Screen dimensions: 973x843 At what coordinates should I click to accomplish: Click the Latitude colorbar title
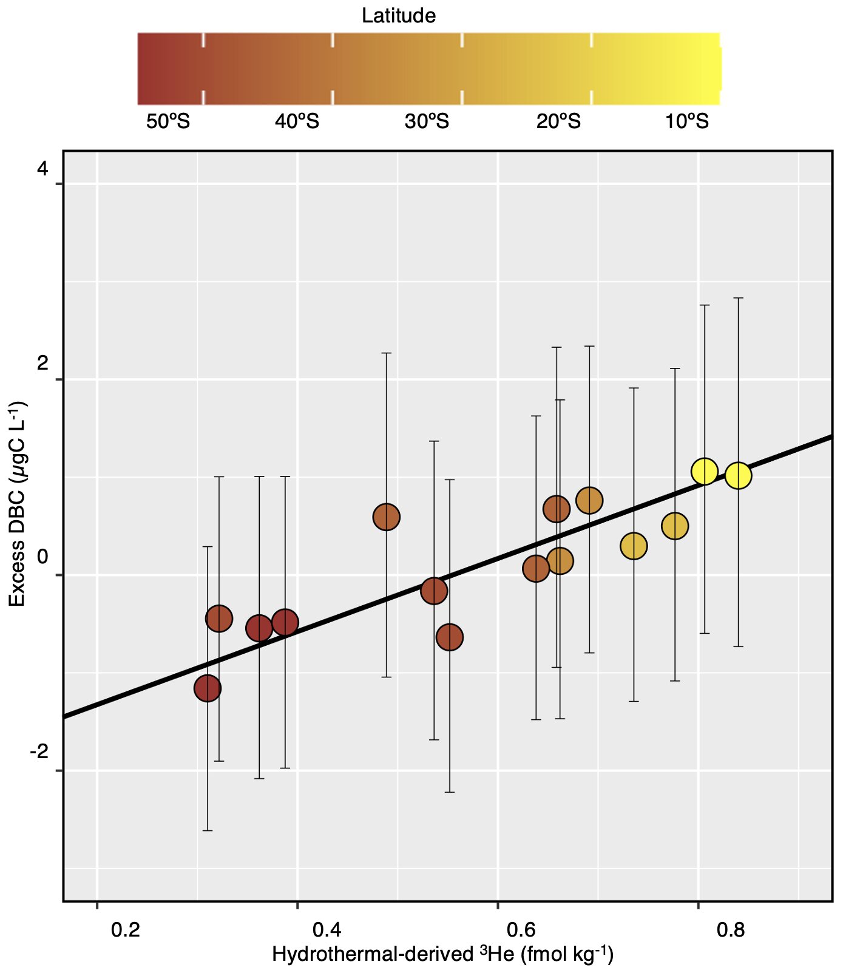click(398, 16)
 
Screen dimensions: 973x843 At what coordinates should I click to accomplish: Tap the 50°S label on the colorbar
click(168, 122)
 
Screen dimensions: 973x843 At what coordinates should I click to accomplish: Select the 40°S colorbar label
click(297, 122)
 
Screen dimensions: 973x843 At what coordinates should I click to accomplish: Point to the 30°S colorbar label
click(427, 122)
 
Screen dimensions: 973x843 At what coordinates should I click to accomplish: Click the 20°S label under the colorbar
click(558, 122)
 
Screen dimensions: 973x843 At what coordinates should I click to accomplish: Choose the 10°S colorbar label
click(686, 122)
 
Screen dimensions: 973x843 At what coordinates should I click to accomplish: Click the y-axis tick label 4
click(42, 169)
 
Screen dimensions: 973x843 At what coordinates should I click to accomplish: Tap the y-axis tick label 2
click(42, 364)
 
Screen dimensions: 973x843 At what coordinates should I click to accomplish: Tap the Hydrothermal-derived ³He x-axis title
click(442, 955)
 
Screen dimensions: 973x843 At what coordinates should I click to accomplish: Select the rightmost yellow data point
click(738, 475)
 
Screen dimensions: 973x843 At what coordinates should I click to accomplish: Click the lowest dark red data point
click(208, 688)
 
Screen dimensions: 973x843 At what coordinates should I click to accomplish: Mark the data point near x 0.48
click(387, 517)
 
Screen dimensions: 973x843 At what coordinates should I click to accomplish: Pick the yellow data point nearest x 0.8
click(705, 471)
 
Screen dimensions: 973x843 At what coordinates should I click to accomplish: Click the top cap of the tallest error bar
click(738, 298)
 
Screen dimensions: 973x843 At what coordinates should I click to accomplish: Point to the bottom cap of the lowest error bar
click(208, 830)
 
